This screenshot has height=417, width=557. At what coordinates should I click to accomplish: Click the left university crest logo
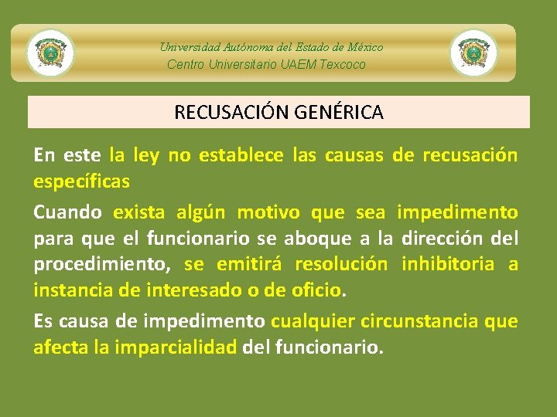[50, 53]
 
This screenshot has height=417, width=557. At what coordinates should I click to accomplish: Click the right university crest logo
[473, 53]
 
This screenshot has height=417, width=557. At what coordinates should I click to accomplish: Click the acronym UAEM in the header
[298, 64]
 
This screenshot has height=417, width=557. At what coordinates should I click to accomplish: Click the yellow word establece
[241, 155]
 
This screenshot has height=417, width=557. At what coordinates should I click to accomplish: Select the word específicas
[81, 182]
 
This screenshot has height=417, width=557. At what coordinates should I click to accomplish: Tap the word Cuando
[68, 212]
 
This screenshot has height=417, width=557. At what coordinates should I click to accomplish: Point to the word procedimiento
[101, 265]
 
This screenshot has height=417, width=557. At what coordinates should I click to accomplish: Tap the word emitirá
[248, 265]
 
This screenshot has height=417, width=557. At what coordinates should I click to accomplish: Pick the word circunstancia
[412, 320]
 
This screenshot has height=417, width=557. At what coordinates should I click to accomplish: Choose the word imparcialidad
[175, 347]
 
